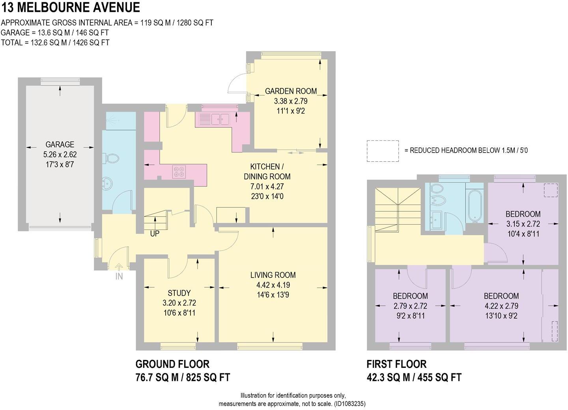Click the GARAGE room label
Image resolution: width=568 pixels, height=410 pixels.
click(60, 144)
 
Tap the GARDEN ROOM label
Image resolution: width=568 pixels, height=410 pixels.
click(291, 91)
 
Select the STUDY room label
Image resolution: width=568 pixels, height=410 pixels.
click(179, 293)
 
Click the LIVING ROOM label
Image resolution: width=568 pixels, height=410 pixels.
click(273, 275)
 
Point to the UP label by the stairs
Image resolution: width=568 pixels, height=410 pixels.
click(155, 234)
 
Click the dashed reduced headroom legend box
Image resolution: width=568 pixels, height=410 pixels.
click(383, 151)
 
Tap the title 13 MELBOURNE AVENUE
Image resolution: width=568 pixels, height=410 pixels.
click(71, 7)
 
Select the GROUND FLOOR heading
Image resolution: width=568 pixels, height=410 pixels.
click(172, 364)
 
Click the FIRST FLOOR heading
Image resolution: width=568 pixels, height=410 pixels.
click(396, 364)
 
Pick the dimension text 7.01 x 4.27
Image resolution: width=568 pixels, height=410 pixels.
click(267, 186)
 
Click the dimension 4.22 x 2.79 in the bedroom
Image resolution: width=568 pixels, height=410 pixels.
click(501, 306)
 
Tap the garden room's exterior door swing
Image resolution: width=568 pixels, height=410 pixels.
click(238, 84)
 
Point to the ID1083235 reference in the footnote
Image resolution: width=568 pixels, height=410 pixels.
click(350, 404)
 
